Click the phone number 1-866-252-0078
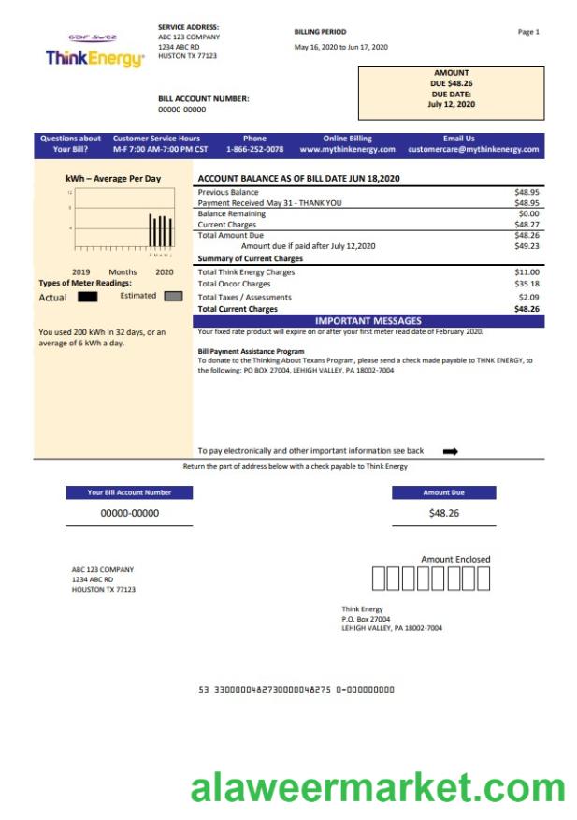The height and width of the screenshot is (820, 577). point(254,150)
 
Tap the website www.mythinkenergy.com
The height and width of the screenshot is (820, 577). point(347,150)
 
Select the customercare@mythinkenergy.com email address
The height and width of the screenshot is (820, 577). point(473,150)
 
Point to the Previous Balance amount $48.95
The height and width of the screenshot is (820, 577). point(527,192)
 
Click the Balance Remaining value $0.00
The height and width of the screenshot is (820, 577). point(528,213)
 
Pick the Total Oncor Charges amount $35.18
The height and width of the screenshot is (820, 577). point(527,284)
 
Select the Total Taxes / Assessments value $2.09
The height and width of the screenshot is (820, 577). point(528,297)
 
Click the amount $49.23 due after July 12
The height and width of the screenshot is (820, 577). point(527,246)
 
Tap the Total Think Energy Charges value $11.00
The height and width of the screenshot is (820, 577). point(527,272)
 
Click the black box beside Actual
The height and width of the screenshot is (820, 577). point(88,297)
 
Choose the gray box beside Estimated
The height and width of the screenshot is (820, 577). point(173,297)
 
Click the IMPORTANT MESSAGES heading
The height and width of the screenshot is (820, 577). point(368,320)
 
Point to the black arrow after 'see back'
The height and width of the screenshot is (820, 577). point(451,451)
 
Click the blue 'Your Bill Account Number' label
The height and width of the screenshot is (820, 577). point(130,492)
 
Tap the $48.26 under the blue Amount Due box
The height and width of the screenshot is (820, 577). point(443,513)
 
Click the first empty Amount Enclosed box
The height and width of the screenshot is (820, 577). point(379,579)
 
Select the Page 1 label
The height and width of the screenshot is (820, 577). point(528,32)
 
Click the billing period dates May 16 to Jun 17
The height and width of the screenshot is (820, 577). point(340,47)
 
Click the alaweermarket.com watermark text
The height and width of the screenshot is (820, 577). point(378,788)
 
